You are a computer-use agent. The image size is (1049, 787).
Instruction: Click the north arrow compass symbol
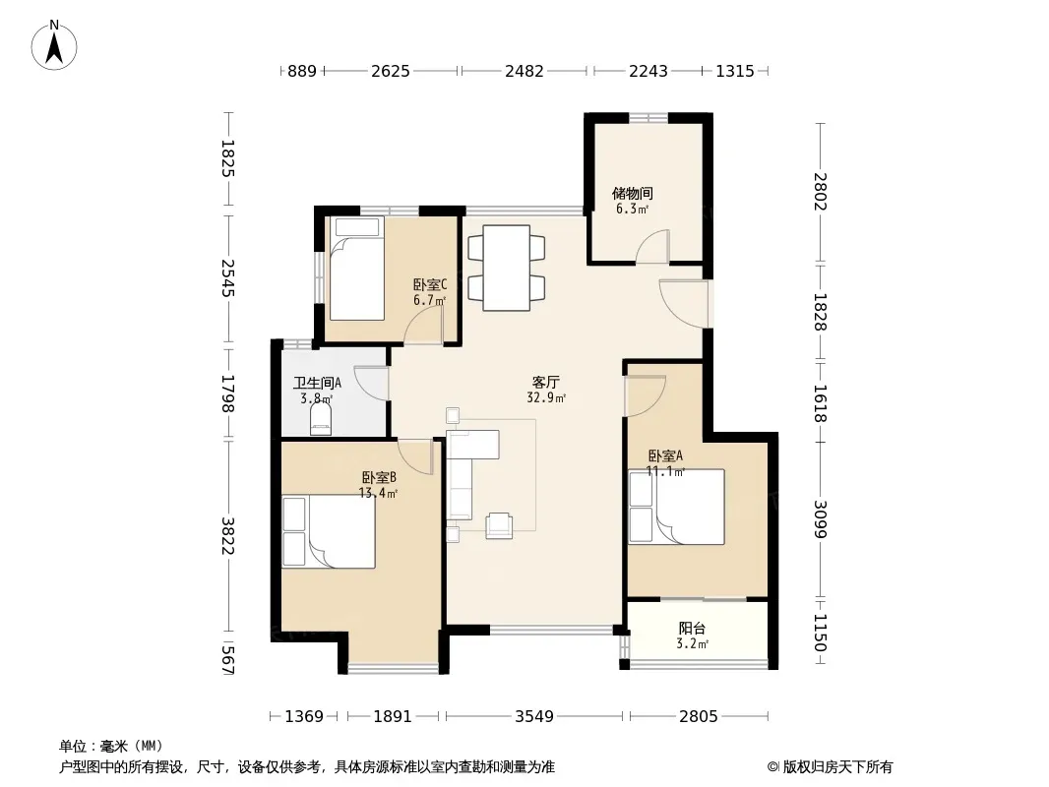tap(54, 45)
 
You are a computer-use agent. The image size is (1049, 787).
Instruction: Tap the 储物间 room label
tap(632, 193)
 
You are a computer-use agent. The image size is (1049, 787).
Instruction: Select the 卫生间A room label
tap(317, 383)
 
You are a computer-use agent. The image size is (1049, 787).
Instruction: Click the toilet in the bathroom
tap(321, 421)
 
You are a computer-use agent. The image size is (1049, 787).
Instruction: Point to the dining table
tap(507, 269)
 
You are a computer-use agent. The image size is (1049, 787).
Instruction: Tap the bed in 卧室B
tap(329, 531)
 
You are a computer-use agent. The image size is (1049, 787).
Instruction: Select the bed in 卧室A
tap(676, 507)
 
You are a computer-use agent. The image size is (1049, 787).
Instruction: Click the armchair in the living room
tap(499, 525)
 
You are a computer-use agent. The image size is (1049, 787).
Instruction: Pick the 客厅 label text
tap(545, 383)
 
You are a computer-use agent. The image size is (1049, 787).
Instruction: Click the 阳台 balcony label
tap(692, 629)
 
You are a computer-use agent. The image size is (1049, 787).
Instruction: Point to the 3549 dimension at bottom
tap(534, 717)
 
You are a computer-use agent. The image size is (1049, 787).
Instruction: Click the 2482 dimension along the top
tap(524, 71)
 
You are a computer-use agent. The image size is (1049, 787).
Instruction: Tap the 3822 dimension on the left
tap(227, 535)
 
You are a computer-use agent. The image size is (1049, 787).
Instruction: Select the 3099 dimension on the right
tap(820, 518)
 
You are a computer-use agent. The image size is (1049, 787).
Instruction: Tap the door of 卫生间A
tap(371, 383)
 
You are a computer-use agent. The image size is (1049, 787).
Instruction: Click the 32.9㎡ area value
tap(546, 398)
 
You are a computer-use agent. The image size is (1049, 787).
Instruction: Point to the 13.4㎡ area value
tap(378, 494)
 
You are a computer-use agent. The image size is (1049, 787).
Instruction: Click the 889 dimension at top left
tap(302, 71)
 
